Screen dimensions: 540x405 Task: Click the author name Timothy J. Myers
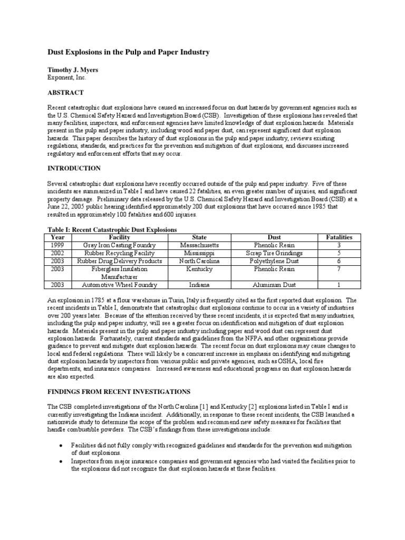[73, 69]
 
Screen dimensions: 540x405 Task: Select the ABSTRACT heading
[65, 93]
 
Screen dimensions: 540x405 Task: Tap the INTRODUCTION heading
[74, 168]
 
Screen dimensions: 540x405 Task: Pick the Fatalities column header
[339, 237]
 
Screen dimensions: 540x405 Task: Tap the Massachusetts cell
[199, 245]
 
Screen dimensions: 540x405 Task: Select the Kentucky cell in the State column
[199, 269]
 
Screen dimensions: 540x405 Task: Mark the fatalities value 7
[339, 269]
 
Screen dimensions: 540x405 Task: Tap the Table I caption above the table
[112, 230]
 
